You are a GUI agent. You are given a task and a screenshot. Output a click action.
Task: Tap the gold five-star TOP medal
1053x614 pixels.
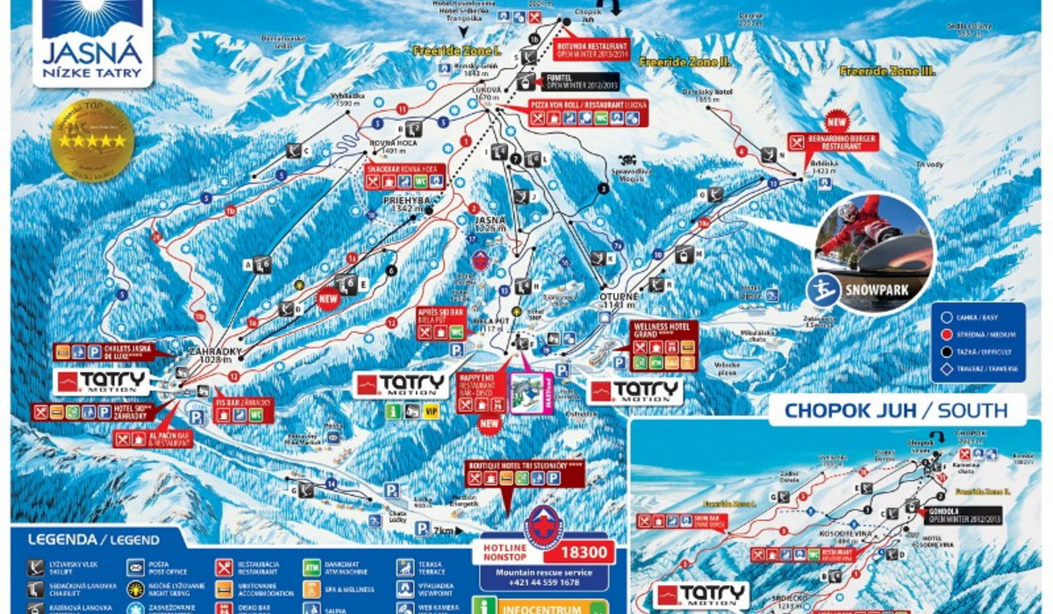[x=93, y=140]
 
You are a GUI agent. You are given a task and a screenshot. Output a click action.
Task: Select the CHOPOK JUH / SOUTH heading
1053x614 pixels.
[x=894, y=410]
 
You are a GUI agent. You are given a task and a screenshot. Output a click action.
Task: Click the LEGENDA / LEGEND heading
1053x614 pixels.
[x=93, y=539]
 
